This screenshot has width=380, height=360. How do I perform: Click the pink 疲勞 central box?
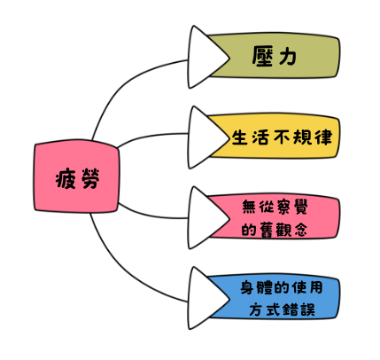[77, 176]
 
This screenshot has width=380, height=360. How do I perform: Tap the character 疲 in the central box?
[66, 178]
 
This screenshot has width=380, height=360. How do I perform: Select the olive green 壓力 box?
[273, 56]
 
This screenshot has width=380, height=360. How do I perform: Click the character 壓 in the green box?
[262, 56]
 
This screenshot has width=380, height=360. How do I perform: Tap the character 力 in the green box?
[287, 56]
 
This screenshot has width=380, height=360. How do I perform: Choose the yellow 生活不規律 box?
[273, 136]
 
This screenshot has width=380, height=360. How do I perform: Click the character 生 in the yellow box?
[239, 137]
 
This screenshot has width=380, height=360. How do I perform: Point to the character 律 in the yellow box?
[324, 137]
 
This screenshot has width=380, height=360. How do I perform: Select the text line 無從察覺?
[275, 207]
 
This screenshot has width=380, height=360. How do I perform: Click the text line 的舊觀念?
[275, 230]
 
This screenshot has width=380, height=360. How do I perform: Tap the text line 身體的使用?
[282, 287]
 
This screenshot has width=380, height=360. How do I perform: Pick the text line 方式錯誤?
[282, 309]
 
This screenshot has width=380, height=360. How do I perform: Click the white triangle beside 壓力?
[206, 57]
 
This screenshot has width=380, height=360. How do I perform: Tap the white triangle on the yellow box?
[206, 137]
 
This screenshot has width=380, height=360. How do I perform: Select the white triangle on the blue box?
[206, 298]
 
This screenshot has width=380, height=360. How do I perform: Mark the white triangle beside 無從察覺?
[206, 218]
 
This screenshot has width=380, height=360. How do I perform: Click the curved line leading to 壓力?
[124, 85]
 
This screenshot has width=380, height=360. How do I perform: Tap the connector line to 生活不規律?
[151, 137]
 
